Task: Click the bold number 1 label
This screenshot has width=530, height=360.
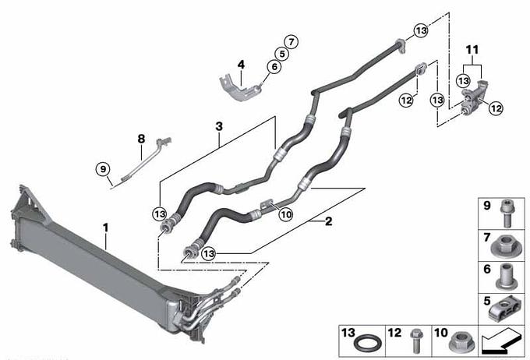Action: tap(106, 228)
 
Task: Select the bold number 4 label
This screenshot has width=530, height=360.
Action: tap(241, 64)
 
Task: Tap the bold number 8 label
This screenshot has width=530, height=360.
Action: tap(141, 139)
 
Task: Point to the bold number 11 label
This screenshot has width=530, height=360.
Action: tap(472, 50)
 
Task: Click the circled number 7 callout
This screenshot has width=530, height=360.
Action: tap(291, 42)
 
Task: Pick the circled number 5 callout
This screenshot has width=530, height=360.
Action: tap(282, 54)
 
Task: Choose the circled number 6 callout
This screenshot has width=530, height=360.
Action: tap(274, 66)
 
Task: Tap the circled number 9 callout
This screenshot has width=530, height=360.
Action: tap(103, 168)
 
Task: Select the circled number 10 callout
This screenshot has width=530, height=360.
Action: tap(286, 214)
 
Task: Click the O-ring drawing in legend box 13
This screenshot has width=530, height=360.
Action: tap(368, 344)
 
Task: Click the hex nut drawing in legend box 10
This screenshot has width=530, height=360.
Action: tap(462, 342)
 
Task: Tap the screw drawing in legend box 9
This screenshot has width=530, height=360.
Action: tap(507, 214)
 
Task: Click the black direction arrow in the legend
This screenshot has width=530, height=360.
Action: tap(501, 341)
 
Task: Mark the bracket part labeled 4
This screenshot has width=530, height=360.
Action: tap(241, 87)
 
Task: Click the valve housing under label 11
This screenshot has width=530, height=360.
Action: tap(474, 97)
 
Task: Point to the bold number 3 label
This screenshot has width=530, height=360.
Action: tap(219, 127)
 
